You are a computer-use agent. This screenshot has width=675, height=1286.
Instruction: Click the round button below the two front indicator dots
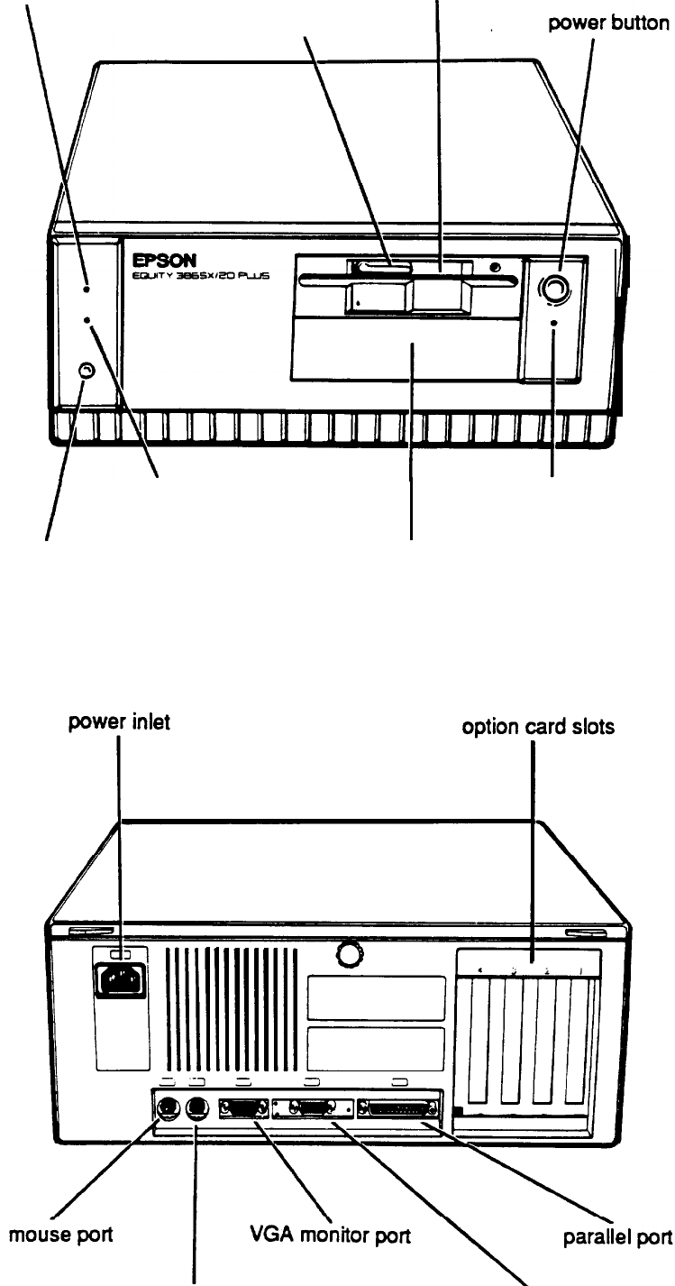point(86,371)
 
